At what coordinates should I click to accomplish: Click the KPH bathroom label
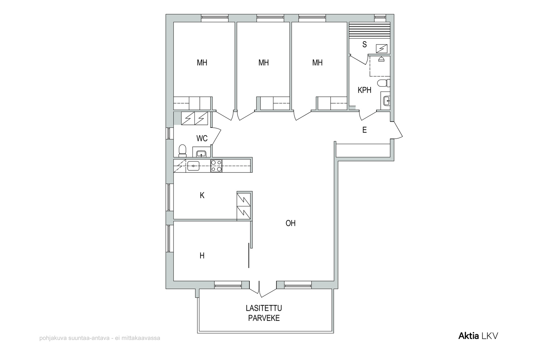click(x=364, y=90)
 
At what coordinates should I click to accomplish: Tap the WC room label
click(x=202, y=138)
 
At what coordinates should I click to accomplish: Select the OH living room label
click(x=291, y=223)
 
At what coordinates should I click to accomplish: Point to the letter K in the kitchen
click(x=202, y=195)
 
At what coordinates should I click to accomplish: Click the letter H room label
click(x=202, y=256)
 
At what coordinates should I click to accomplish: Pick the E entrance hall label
click(x=364, y=130)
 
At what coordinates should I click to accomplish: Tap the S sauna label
click(x=364, y=44)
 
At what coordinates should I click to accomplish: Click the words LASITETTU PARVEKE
click(x=264, y=313)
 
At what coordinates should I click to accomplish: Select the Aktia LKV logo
click(x=478, y=336)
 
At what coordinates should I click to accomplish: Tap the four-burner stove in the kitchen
click(x=216, y=166)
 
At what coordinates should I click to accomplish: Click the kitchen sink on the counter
click(x=193, y=166)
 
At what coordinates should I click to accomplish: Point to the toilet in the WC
click(x=183, y=151)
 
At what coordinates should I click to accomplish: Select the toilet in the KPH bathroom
click(x=384, y=83)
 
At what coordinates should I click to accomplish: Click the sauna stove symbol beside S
click(x=382, y=49)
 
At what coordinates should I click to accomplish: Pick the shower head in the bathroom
click(x=381, y=59)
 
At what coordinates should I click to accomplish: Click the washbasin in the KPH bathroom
click(x=386, y=101)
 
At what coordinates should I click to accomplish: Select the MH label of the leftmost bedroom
click(x=202, y=63)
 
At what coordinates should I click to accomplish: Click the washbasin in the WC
click(x=201, y=154)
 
